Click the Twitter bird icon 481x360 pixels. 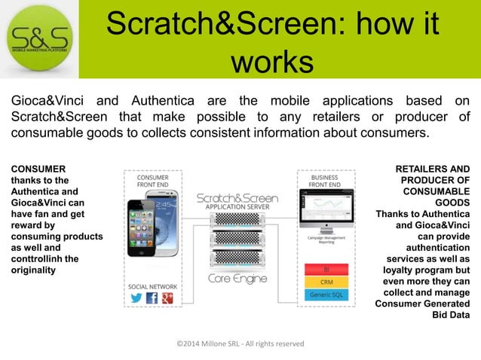coord(136,297)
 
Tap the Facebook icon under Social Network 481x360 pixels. coord(152,298)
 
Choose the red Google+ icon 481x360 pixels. coord(168,298)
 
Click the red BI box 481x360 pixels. coord(326,268)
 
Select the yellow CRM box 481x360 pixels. coord(326,282)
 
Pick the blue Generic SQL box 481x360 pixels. coord(326,294)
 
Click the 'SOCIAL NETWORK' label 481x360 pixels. coord(152,286)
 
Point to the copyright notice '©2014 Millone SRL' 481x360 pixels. coord(240,343)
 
